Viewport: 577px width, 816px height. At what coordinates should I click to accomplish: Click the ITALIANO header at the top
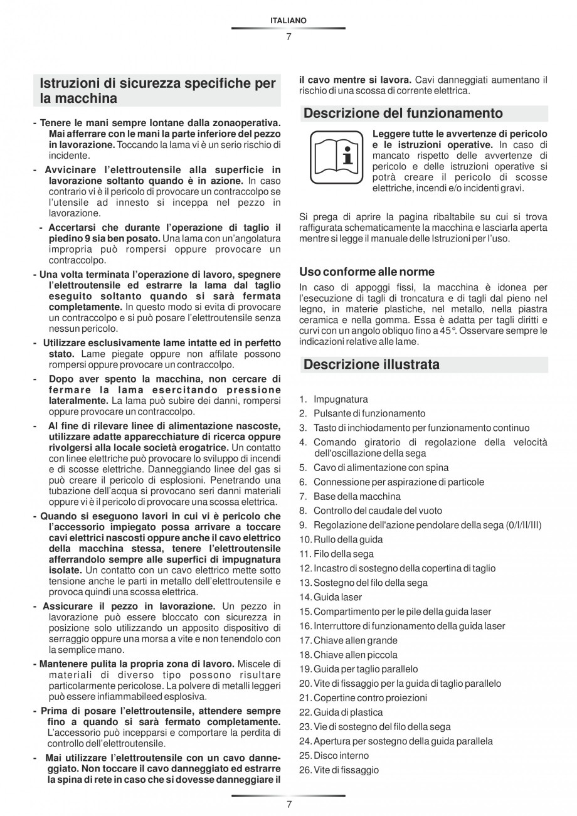(x=288, y=21)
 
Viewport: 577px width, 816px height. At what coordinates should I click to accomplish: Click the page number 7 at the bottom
(x=288, y=805)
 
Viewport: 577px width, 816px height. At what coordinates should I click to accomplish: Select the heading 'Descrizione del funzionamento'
(x=403, y=114)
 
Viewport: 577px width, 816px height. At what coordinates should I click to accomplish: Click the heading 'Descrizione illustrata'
(x=371, y=364)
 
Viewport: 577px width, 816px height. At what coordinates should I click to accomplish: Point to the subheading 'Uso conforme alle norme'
(x=366, y=272)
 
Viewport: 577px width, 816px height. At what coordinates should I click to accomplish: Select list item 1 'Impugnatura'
(x=340, y=400)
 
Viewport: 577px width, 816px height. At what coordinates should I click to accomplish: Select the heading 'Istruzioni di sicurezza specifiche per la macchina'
(x=157, y=91)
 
